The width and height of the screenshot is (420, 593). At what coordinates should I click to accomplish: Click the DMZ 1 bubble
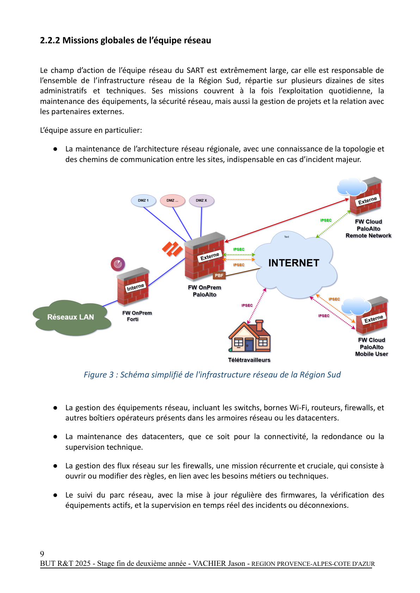[143, 200]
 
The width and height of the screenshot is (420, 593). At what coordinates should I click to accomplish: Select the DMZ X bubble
[202, 200]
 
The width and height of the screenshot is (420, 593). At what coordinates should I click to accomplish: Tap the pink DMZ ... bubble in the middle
[172, 200]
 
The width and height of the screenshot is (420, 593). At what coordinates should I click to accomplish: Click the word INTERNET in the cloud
[294, 263]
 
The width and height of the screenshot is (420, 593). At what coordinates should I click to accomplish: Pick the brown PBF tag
[219, 275]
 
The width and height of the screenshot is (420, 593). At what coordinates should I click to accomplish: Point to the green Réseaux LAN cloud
[71, 317]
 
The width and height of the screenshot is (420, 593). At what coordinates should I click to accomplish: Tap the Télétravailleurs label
[249, 360]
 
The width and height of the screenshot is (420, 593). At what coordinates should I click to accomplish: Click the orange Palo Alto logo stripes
[172, 249]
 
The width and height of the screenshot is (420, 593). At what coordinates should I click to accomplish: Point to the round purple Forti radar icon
[118, 264]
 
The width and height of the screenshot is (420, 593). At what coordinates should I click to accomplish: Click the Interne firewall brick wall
[133, 287]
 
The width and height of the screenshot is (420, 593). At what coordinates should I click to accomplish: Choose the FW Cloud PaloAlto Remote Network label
[368, 229]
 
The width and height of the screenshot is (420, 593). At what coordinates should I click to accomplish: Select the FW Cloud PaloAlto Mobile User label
[371, 347]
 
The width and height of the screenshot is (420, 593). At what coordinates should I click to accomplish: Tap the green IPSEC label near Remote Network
[326, 220]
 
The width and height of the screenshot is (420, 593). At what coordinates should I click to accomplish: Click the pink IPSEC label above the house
[247, 305]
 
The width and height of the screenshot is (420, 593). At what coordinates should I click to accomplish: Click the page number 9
[42, 554]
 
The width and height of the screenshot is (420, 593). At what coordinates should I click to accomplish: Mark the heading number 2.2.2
[50, 40]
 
